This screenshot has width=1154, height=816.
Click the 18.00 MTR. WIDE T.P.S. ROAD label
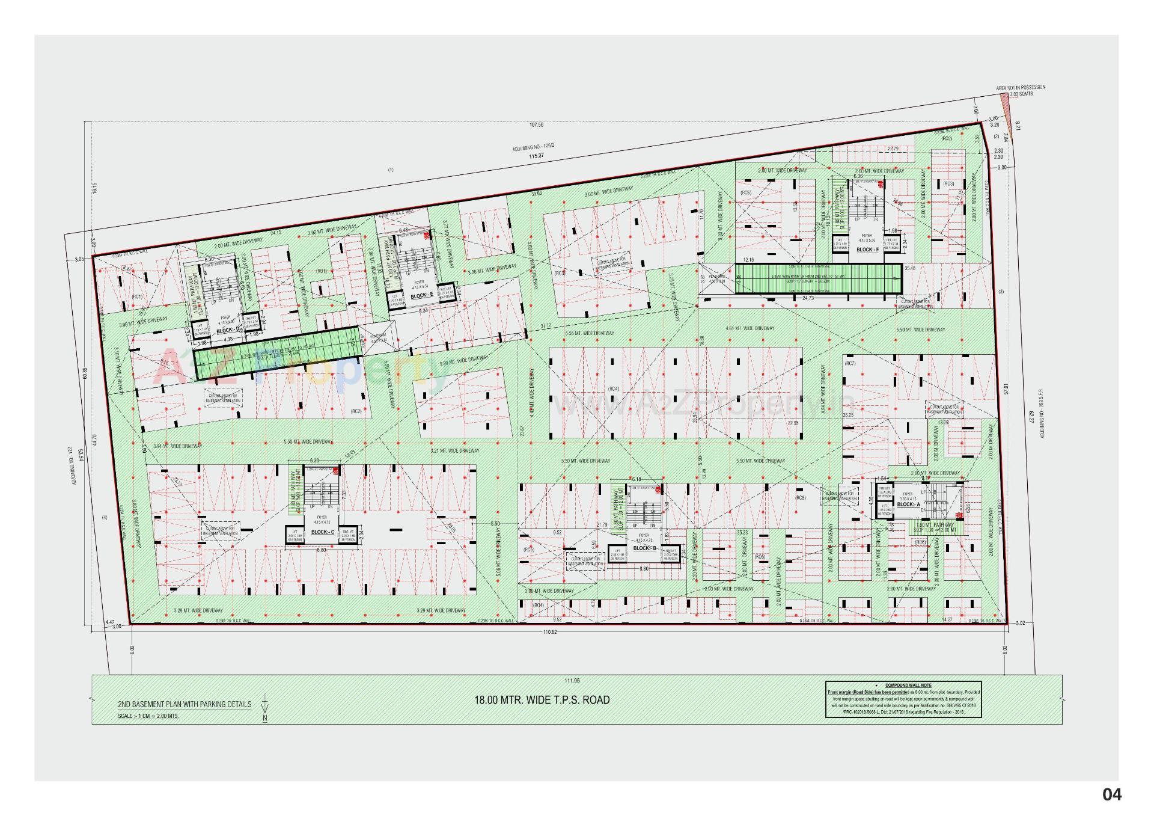click(x=542, y=700)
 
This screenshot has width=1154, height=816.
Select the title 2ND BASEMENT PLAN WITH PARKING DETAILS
click(x=185, y=704)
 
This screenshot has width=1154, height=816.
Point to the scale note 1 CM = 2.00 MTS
click(x=148, y=716)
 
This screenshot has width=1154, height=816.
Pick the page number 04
click(x=1111, y=795)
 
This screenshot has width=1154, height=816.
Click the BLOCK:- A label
click(x=909, y=505)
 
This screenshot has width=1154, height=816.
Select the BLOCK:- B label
click(x=646, y=548)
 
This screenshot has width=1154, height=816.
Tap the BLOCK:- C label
click(x=322, y=532)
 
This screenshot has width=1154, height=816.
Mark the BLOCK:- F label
click(x=867, y=249)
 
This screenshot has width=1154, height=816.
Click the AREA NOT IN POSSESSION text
click(x=1021, y=88)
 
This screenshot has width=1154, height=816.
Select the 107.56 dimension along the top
click(x=536, y=125)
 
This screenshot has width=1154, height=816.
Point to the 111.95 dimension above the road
click(x=572, y=680)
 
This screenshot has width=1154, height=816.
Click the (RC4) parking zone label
click(x=613, y=389)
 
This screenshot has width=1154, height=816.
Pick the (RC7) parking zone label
click(x=850, y=364)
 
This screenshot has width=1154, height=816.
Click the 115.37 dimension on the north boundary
click(x=536, y=156)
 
